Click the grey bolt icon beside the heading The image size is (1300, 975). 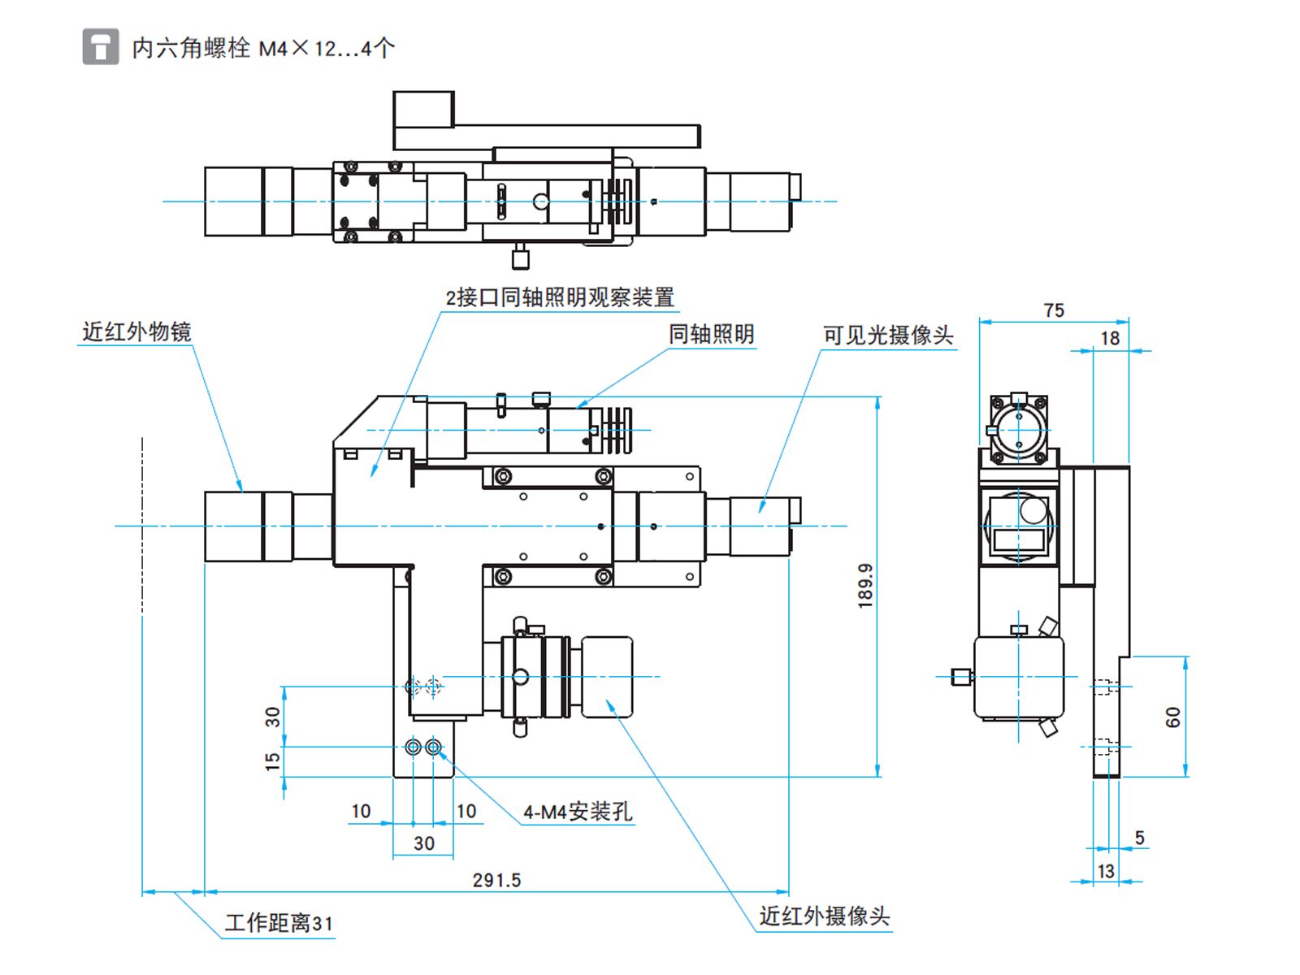100,46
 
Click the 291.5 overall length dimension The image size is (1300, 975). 496,880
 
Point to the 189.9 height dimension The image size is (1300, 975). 864,586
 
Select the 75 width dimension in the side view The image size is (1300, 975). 1054,310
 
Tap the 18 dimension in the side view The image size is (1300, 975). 1110,338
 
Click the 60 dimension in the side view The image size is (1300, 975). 1172,717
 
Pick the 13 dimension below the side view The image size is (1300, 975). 1106,871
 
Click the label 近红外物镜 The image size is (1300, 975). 136,331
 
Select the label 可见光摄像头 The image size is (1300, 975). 888,335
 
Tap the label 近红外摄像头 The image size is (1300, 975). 825,916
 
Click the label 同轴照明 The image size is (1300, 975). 711,334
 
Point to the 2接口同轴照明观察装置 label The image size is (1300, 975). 560,297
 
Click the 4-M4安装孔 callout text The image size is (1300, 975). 578,812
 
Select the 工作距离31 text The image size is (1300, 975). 279,923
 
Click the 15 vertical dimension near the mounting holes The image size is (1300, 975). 272,761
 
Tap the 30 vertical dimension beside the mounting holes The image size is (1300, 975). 272,717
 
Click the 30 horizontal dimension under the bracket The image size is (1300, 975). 424,843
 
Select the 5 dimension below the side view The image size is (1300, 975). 1139,838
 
